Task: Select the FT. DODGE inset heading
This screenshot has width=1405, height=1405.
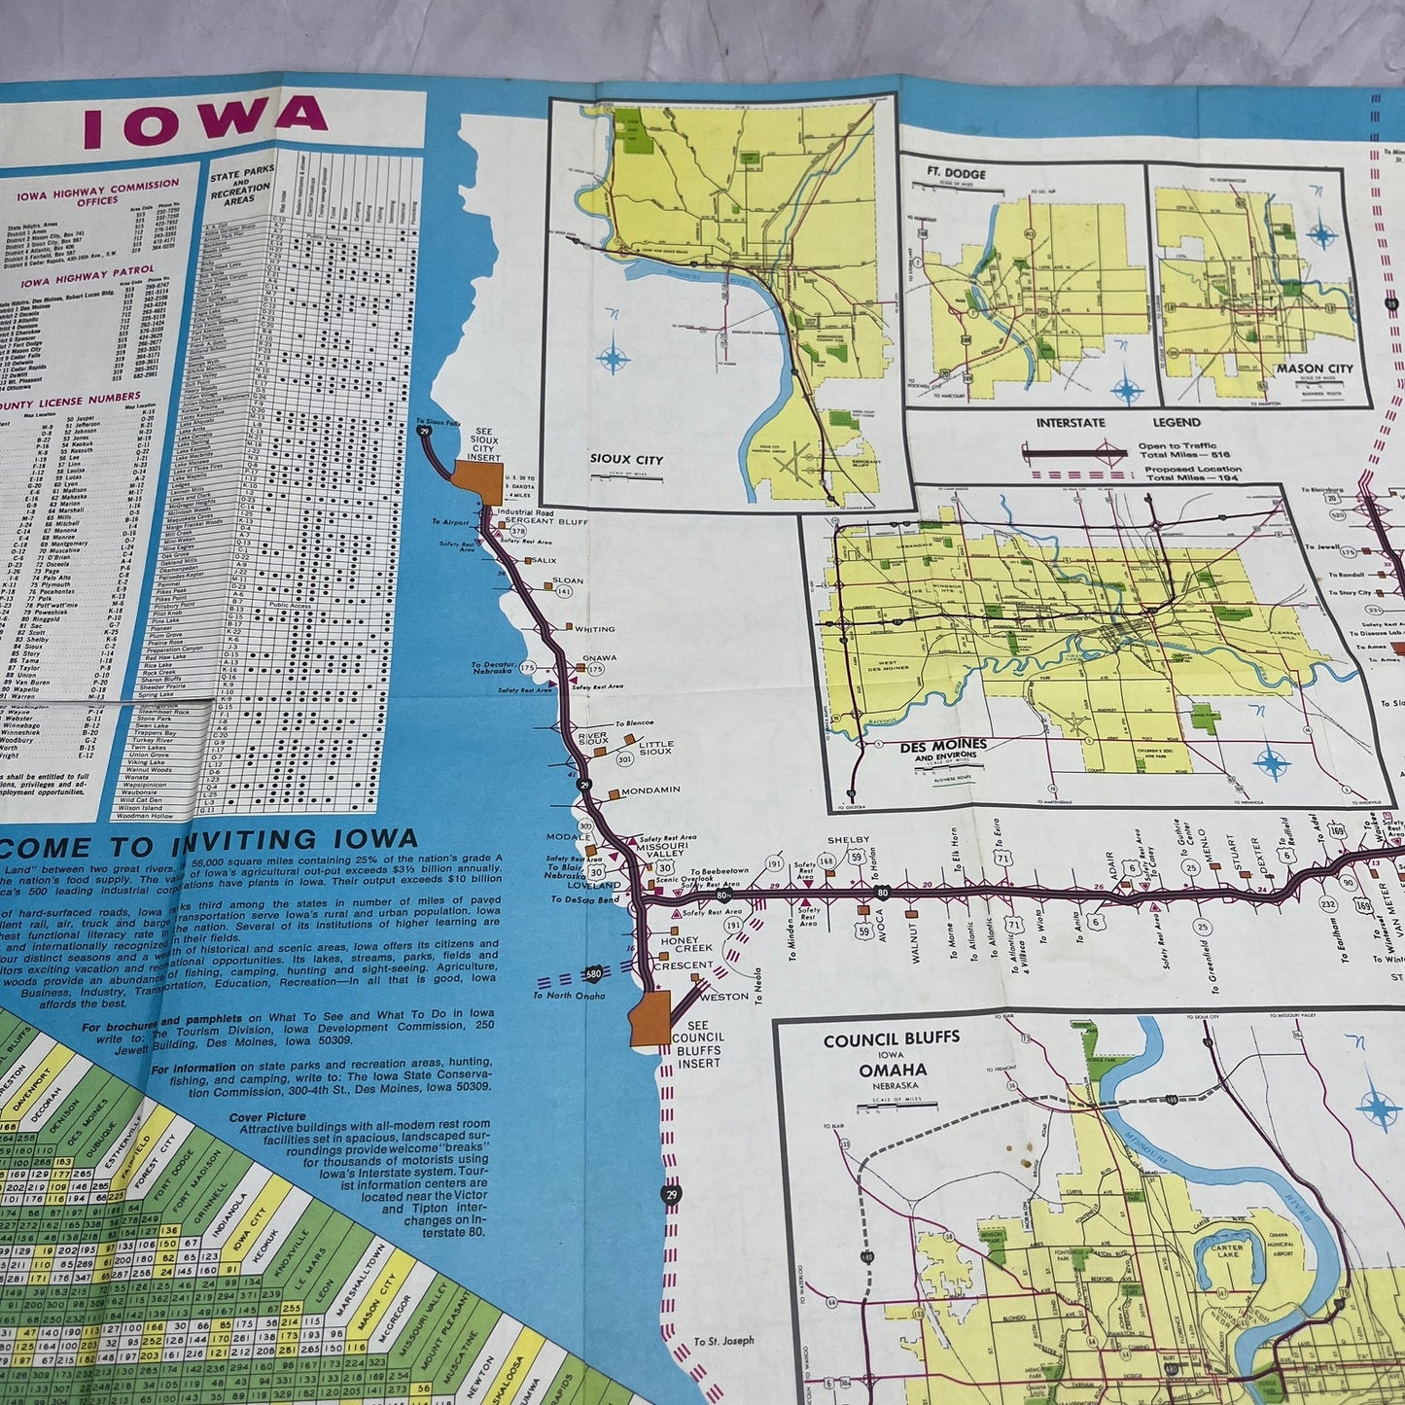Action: click(957, 174)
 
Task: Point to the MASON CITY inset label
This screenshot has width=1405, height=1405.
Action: click(1315, 369)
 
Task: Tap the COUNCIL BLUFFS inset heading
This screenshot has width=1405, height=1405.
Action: click(891, 1038)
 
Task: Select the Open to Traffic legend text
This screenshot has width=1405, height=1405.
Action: click(1178, 448)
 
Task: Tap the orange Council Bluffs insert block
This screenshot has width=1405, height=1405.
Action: click(650, 1019)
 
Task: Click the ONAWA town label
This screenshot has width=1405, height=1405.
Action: click(600, 658)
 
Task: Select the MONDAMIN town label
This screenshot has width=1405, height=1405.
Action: click(650, 790)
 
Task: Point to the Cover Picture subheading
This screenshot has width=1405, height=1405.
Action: click(267, 1117)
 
